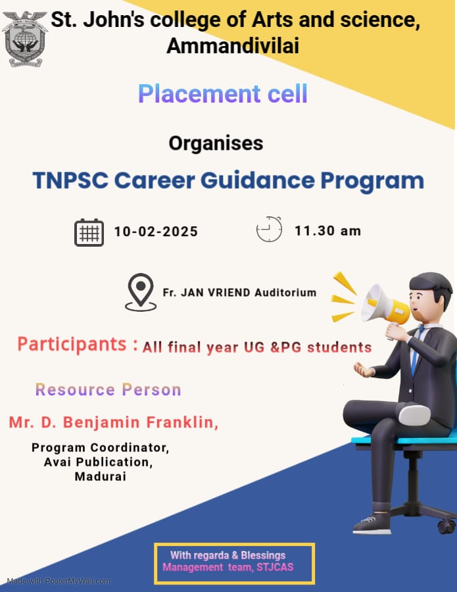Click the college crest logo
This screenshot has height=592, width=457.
(x=25, y=39)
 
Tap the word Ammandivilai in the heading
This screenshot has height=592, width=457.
(x=233, y=46)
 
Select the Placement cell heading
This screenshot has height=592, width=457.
(x=223, y=93)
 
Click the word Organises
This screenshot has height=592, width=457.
(x=216, y=143)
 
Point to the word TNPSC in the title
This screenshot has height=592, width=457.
(x=70, y=180)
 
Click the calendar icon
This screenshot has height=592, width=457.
(x=89, y=232)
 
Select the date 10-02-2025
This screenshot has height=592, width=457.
(x=156, y=232)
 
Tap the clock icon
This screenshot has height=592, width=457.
(x=269, y=229)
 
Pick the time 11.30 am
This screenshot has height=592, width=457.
(x=327, y=231)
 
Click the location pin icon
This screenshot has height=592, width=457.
(x=141, y=292)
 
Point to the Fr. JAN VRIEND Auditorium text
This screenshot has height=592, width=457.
(x=239, y=293)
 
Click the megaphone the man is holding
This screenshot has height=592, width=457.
(x=384, y=305)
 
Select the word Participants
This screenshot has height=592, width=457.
(x=72, y=345)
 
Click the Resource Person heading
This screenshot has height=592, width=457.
(x=108, y=389)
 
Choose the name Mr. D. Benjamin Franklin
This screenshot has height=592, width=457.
(x=114, y=422)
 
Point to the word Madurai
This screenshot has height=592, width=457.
(x=101, y=476)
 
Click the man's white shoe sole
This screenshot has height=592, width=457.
(x=414, y=414)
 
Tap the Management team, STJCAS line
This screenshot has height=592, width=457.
(x=228, y=567)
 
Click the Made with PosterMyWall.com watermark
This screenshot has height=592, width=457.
(x=59, y=581)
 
